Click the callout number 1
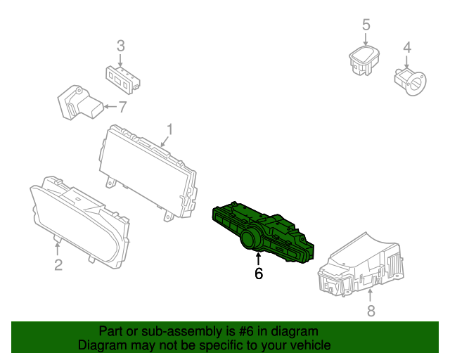click(x=169, y=129)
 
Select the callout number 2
click(x=58, y=264)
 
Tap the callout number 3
click(x=120, y=46)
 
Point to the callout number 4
click(x=406, y=48)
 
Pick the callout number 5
click(x=366, y=25)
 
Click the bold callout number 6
click(x=259, y=274)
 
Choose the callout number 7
click(x=122, y=108)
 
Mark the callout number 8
click(x=371, y=310)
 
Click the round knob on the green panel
click(x=251, y=239)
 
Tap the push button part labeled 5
click(x=364, y=60)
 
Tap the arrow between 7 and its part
click(x=108, y=108)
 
